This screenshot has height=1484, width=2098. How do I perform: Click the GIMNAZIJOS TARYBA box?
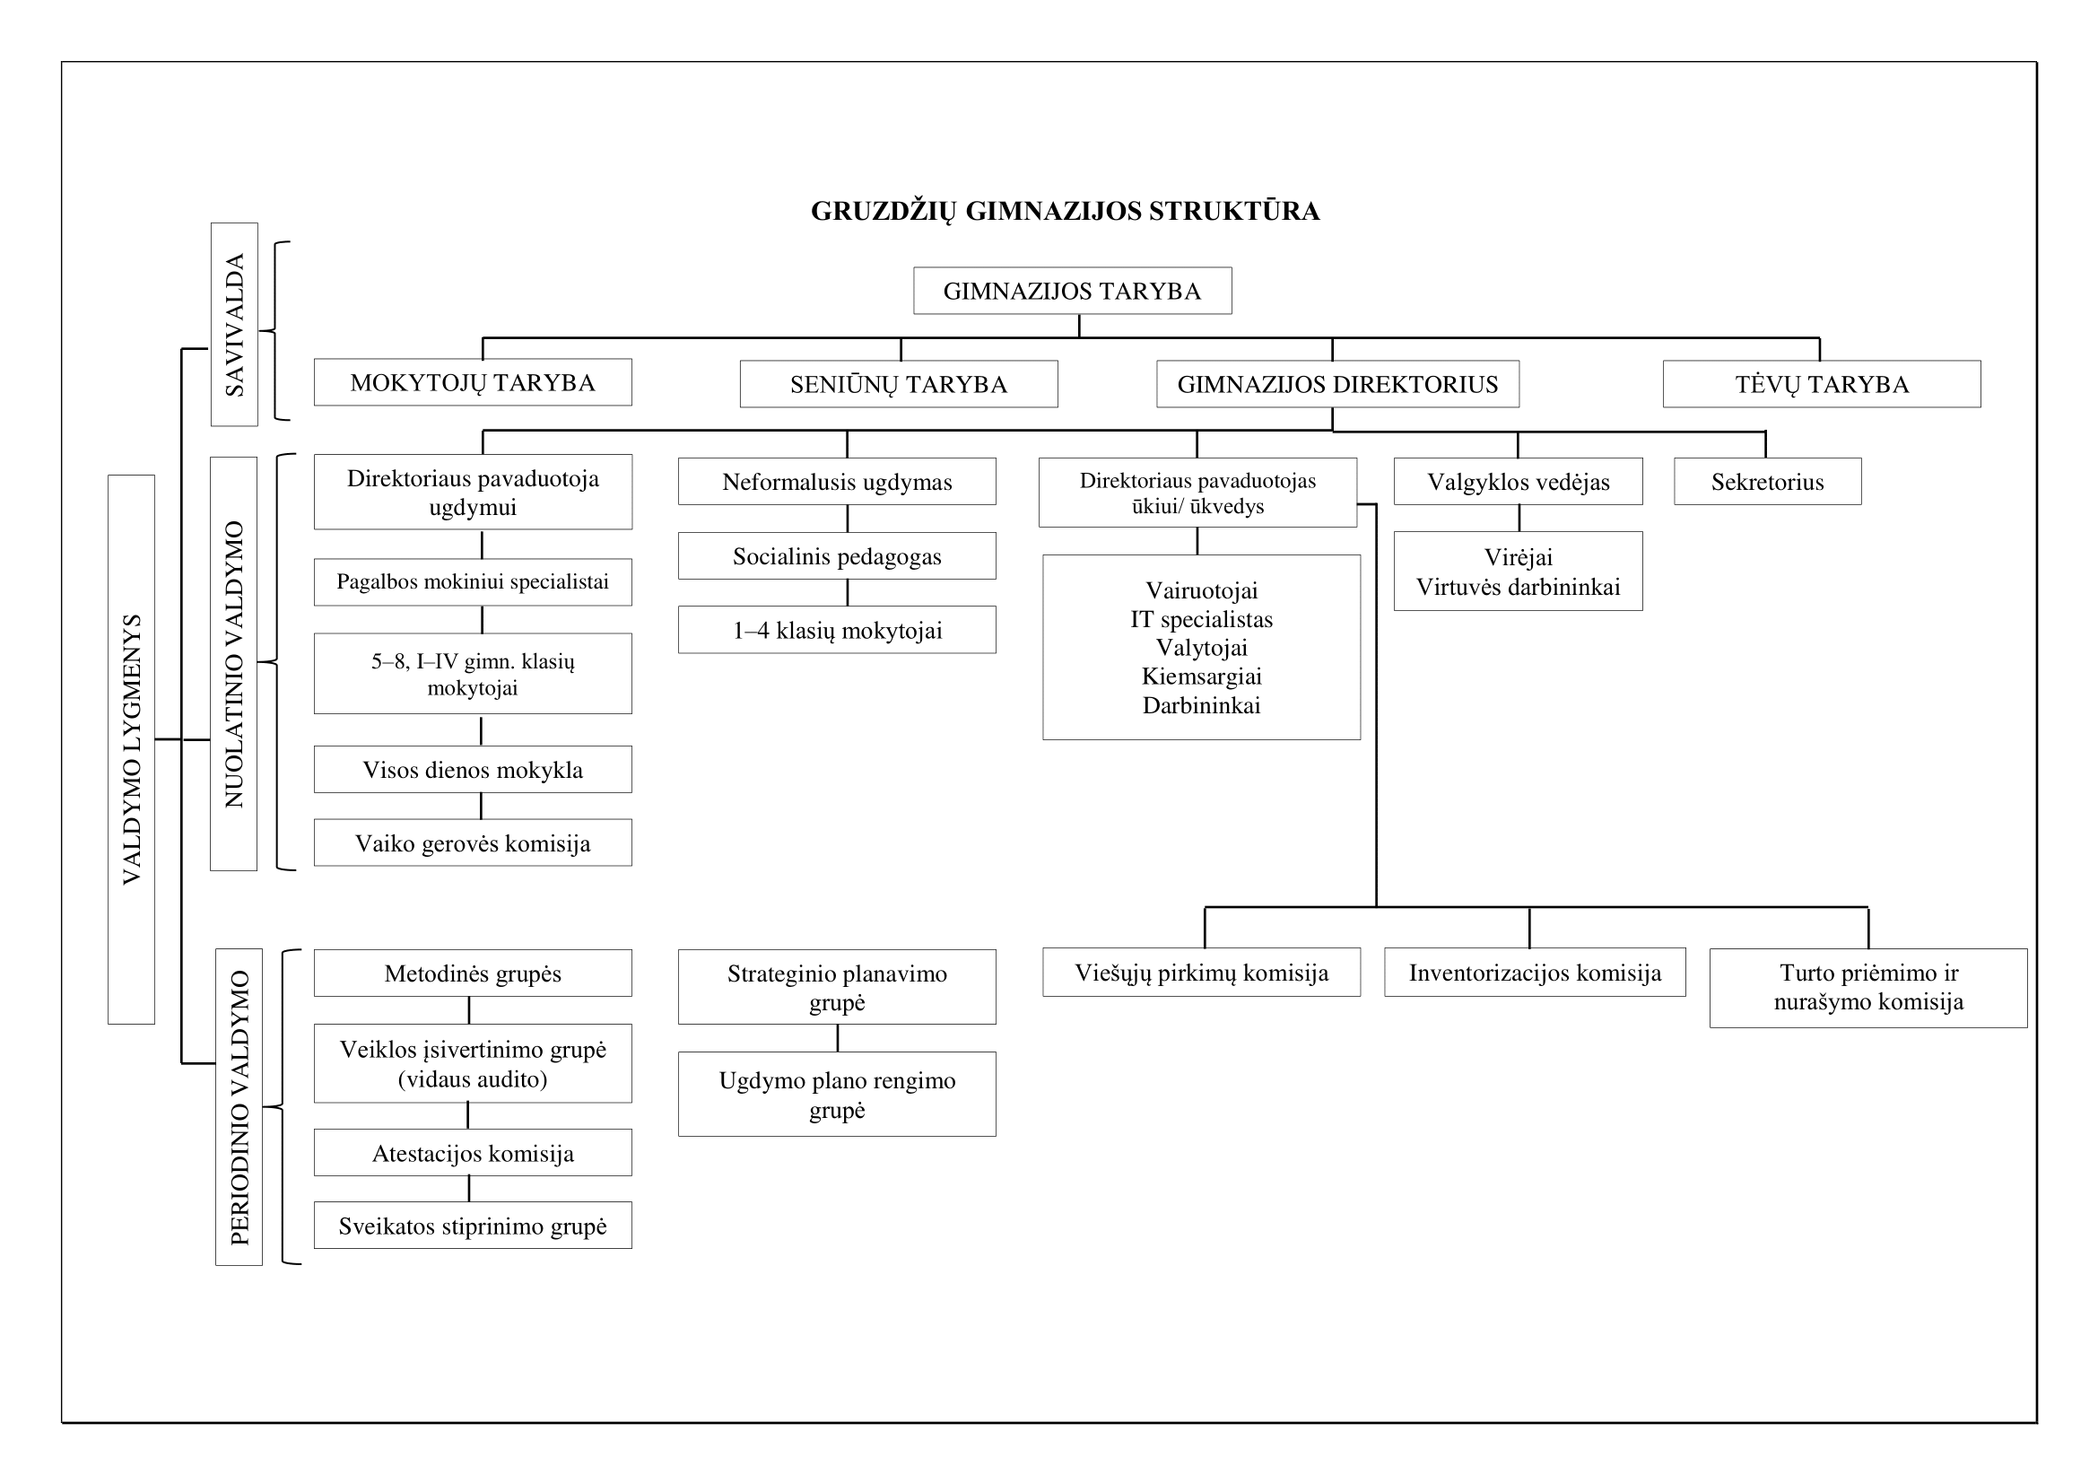point(1072,291)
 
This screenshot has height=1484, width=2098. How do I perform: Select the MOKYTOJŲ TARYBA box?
point(473,382)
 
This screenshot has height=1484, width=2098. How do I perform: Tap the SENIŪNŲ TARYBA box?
point(898,384)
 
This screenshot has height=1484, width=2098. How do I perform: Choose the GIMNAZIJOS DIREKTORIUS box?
point(1337,384)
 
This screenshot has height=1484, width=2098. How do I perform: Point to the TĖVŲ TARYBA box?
point(1822,384)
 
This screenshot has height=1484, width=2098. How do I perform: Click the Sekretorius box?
point(1767,482)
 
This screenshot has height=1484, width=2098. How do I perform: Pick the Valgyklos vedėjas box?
point(1518,482)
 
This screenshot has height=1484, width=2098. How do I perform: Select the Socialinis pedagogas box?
point(837,555)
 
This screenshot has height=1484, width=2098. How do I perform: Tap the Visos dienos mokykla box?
point(473,770)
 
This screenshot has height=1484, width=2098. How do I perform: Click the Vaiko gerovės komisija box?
point(473,842)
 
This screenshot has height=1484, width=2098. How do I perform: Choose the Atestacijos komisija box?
point(473,1152)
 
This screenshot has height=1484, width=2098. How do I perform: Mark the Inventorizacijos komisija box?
point(1535,973)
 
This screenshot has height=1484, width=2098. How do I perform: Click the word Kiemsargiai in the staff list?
point(1202,677)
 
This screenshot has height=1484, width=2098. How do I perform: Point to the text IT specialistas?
point(1202,619)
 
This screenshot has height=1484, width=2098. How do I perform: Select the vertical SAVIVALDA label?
point(235,325)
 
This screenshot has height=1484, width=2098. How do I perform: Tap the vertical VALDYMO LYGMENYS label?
point(132,749)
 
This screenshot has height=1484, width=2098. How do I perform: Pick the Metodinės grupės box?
point(473,973)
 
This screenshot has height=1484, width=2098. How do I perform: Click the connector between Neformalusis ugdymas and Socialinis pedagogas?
point(847,518)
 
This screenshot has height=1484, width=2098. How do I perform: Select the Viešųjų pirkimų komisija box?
point(1202,973)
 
